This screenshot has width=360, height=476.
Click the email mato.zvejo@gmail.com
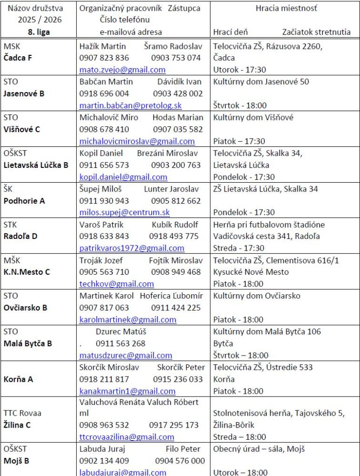point(122,70)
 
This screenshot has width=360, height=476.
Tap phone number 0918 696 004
point(104,93)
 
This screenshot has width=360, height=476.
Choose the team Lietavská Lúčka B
point(36,165)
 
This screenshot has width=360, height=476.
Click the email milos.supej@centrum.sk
point(124,212)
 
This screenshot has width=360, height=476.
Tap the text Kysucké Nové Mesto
point(251,272)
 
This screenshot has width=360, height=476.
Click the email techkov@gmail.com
point(117,284)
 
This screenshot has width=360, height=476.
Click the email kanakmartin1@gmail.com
point(127,391)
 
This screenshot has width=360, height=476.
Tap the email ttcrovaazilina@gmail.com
point(127,437)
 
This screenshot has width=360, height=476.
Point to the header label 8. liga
point(39,32)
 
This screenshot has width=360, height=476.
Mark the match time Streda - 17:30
point(239,248)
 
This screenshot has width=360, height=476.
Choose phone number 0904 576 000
point(180,461)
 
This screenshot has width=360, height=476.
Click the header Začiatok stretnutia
point(316,32)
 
